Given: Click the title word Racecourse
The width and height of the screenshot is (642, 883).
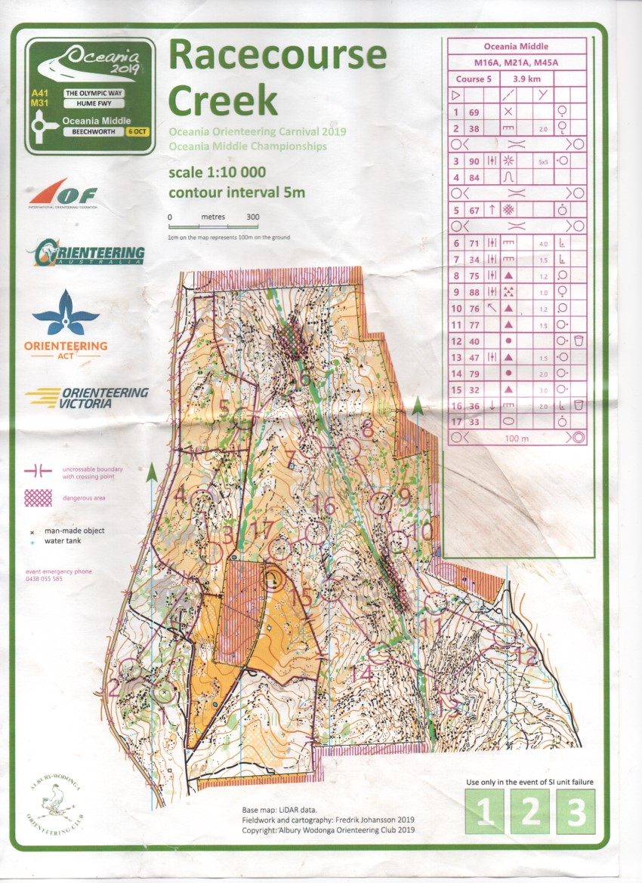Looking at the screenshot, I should coord(277,57).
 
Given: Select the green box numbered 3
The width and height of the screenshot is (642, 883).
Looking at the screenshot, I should coord(576,811).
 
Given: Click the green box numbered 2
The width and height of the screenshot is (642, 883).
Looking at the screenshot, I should coord(531,811).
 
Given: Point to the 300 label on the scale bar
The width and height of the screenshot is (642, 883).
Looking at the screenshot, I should coord(252,217).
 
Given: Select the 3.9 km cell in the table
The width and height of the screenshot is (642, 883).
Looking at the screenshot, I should coord(526,78).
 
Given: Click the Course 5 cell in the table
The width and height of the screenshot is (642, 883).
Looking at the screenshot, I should coord(474,78).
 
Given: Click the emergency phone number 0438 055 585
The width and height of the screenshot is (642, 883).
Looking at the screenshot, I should coord(45,579).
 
